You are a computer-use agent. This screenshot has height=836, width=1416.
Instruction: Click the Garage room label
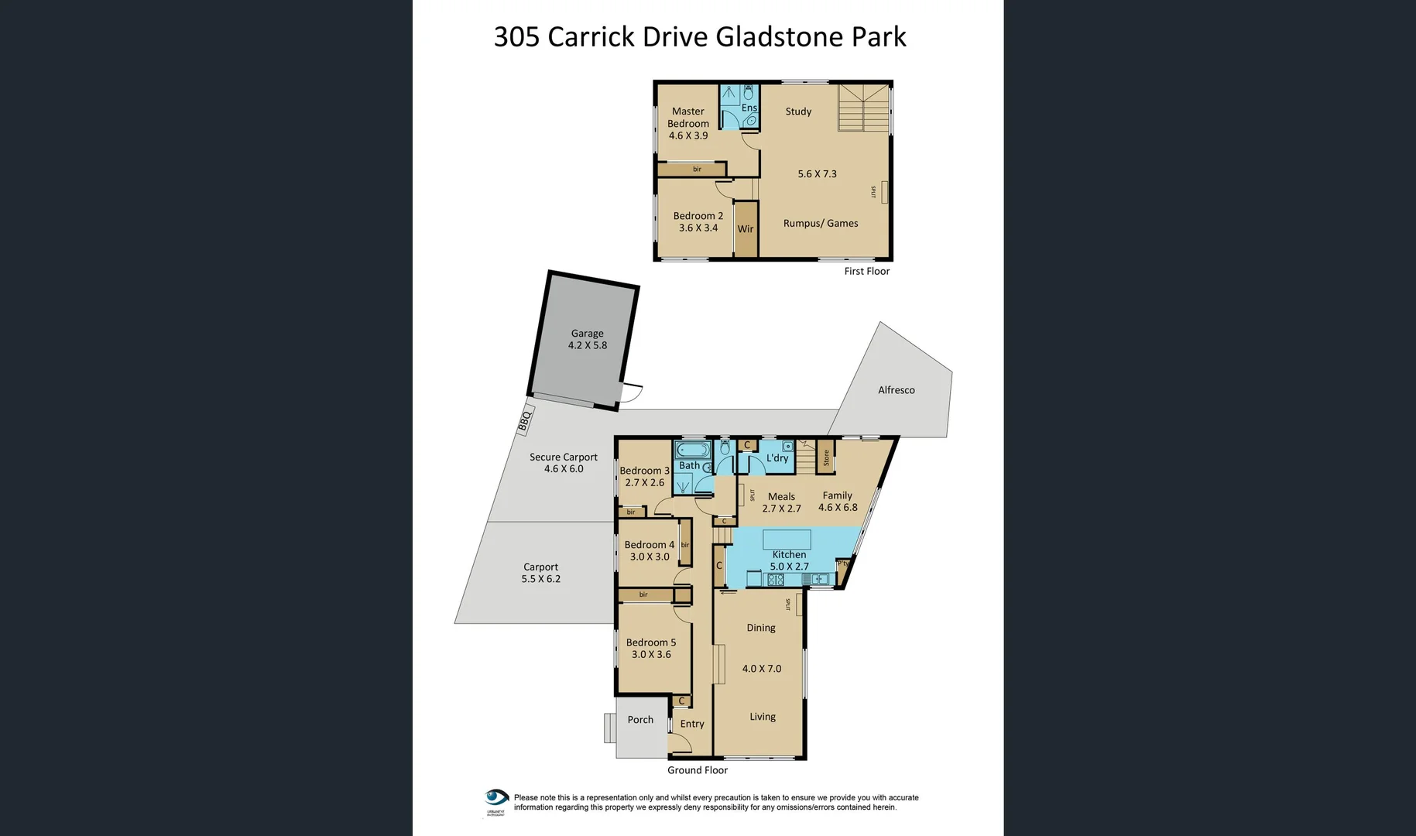tap(587, 334)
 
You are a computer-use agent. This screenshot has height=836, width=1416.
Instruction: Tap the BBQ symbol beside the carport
tap(526, 420)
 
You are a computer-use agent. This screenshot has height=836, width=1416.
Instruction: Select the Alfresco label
tap(896, 390)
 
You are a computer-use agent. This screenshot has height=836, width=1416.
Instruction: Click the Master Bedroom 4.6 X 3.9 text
tap(688, 124)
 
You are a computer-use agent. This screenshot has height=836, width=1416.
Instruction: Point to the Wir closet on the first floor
tap(746, 228)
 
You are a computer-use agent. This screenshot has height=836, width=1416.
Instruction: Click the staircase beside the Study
tap(863, 108)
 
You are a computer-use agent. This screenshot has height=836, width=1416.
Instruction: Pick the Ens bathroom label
tap(749, 108)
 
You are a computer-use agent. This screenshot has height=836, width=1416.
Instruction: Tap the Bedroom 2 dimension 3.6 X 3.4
tap(698, 228)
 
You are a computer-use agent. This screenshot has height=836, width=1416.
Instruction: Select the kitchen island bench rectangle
tap(787, 540)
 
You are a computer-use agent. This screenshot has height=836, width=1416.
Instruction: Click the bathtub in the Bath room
tap(691, 450)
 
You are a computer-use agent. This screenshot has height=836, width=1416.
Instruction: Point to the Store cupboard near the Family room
tap(826, 458)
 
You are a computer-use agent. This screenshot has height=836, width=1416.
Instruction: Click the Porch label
tap(640, 720)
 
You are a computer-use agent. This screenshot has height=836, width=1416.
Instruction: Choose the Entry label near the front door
tap(692, 725)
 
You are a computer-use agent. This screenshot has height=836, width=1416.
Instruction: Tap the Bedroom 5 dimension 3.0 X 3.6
tap(651, 655)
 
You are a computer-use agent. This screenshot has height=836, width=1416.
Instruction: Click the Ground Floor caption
tap(698, 770)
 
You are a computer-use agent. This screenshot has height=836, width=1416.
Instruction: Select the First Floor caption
tap(866, 272)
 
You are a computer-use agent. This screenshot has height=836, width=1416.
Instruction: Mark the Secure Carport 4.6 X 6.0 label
tap(564, 463)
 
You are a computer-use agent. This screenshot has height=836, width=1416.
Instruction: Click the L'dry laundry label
tap(777, 458)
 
